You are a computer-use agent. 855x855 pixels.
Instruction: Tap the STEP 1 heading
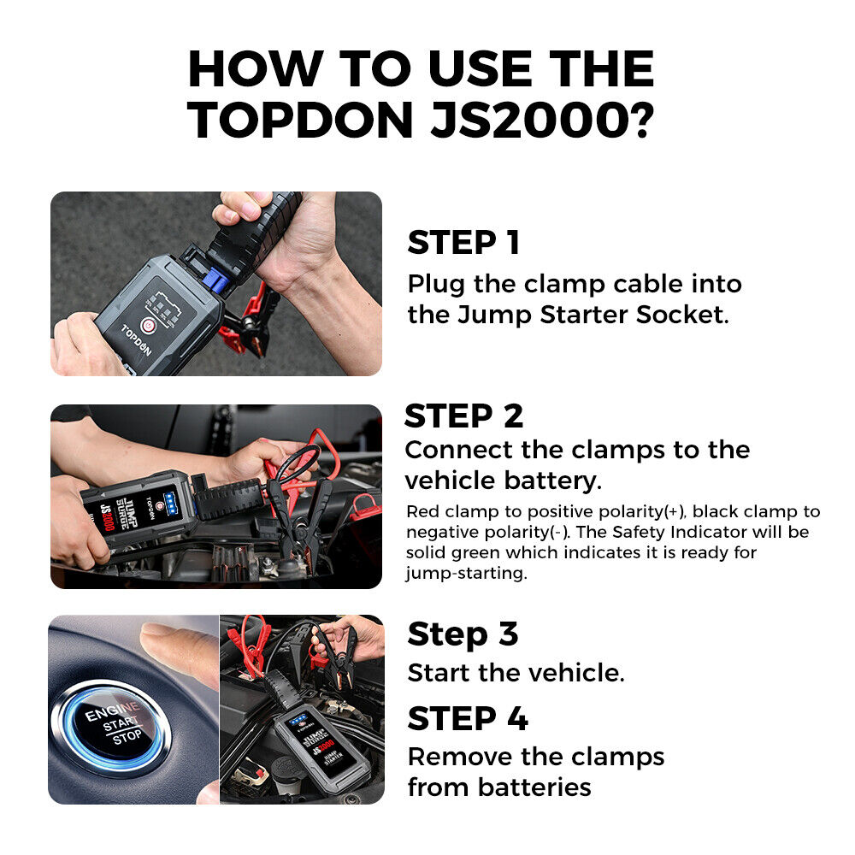tap(463, 243)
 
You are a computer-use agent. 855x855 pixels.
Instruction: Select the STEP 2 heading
tap(463, 416)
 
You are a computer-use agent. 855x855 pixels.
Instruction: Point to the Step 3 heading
tap(463, 634)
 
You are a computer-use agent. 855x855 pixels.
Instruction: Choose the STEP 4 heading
tap(468, 719)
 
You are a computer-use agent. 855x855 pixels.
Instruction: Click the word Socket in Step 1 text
tap(681, 315)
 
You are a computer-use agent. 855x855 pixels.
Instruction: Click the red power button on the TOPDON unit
tap(146, 325)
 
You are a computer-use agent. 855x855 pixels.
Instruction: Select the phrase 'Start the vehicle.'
tap(516, 673)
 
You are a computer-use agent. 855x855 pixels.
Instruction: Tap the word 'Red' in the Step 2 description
tap(422, 512)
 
